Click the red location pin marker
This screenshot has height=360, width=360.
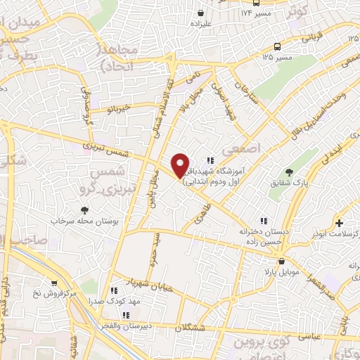(x=180, y=165)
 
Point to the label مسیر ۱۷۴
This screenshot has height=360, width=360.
(x=255, y=13)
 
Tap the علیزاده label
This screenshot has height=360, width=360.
(x=201, y=23)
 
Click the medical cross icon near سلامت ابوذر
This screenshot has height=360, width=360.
(x=340, y=221)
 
